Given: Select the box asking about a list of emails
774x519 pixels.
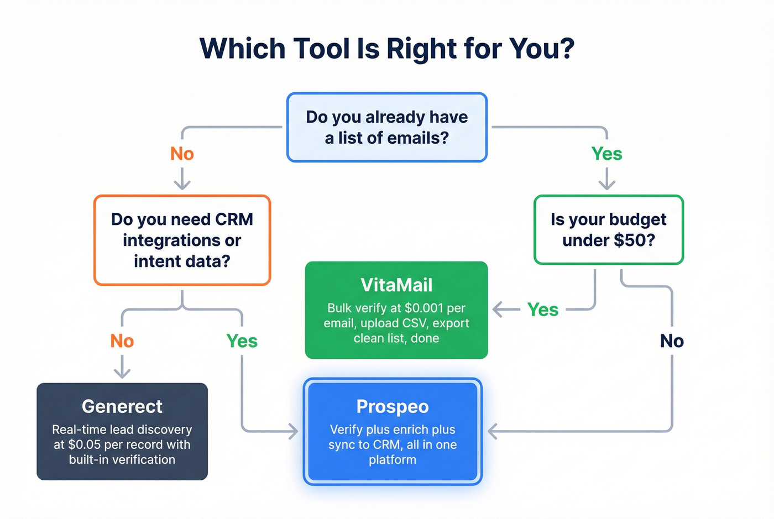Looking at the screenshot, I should click(386, 128).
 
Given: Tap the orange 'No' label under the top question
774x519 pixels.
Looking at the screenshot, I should click(182, 154).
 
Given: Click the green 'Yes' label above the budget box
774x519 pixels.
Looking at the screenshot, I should click(606, 154).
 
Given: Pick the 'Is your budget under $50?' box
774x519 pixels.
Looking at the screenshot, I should click(608, 229).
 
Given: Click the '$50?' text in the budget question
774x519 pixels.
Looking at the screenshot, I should click(634, 240).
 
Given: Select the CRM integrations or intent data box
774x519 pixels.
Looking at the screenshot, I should click(182, 240).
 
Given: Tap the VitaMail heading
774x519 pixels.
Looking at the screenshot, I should click(396, 285).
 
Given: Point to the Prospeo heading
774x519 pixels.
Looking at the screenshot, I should click(393, 407).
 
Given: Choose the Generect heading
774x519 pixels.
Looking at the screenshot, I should click(122, 407).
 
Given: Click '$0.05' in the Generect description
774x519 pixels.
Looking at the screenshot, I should click(85, 445).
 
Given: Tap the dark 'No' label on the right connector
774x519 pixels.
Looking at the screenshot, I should click(672, 341).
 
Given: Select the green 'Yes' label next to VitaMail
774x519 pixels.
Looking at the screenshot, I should click(543, 310).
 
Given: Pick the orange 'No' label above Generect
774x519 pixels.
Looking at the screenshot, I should click(122, 341).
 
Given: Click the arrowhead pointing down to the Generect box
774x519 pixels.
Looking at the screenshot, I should click(122, 374).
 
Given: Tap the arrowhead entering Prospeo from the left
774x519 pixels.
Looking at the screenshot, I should click(294, 431).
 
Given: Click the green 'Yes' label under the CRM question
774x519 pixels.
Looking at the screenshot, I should click(242, 341).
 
